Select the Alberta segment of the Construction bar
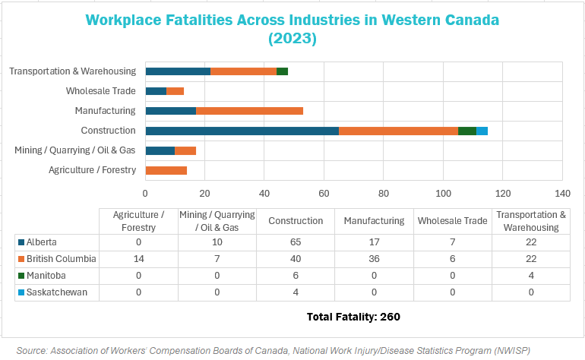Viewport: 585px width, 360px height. (x=242, y=131)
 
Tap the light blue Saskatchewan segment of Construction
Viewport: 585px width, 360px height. (x=482, y=131)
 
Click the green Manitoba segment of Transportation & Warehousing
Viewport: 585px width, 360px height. (x=282, y=71)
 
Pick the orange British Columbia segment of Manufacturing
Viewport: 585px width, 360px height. (x=249, y=111)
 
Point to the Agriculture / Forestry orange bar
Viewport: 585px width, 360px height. (x=166, y=170)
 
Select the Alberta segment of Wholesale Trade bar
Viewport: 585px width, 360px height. (x=156, y=91)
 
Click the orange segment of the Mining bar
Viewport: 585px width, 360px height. (x=185, y=150)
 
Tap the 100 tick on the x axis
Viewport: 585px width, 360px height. (x=443, y=192)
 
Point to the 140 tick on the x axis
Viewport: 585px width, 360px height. (x=562, y=192)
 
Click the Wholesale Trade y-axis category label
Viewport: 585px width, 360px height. (x=101, y=91)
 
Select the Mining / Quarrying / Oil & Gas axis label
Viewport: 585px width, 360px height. (x=75, y=150)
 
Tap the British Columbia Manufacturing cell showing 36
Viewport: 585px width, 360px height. (x=374, y=259)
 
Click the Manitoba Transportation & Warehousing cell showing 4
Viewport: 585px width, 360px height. (x=531, y=276)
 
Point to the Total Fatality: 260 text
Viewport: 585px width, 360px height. (x=353, y=316)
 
